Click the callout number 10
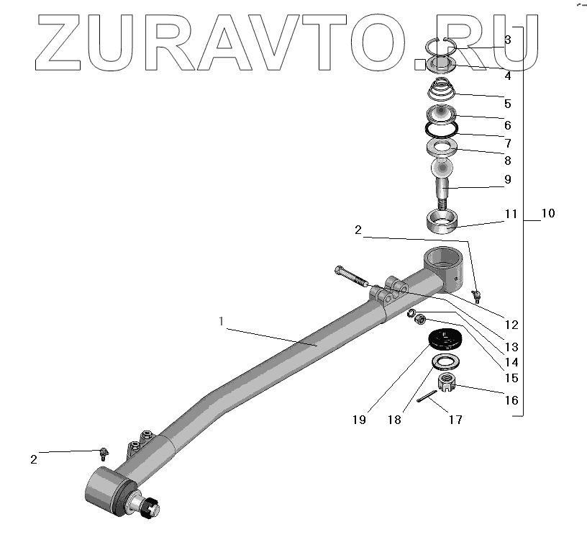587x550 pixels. (x=547, y=213)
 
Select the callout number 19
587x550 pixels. (x=359, y=420)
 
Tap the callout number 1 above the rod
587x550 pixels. (x=222, y=321)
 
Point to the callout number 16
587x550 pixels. (x=511, y=400)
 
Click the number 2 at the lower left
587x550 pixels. (x=34, y=459)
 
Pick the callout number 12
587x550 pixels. (x=511, y=325)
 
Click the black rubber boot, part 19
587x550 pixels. (x=445, y=338)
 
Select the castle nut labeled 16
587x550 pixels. (x=446, y=382)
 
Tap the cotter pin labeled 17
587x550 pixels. (x=427, y=396)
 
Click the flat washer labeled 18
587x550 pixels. (x=446, y=362)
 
